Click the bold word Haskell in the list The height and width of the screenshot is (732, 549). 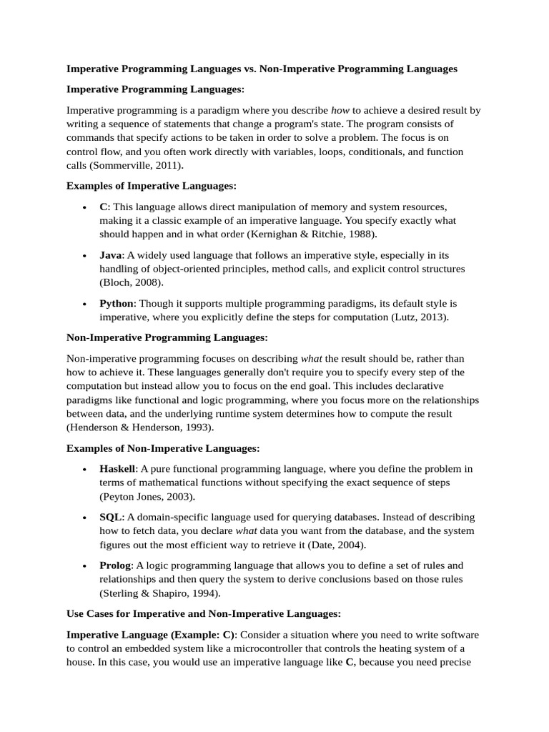click(x=117, y=469)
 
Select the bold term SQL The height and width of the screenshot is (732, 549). click(x=112, y=517)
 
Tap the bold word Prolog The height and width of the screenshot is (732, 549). click(x=117, y=565)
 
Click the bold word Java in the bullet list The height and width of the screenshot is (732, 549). click(x=112, y=255)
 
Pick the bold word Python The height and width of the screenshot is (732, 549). click(x=117, y=303)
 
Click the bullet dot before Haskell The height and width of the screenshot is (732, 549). click(x=84, y=470)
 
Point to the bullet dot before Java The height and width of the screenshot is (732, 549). click(x=84, y=256)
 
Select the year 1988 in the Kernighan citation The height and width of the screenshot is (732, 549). click(x=363, y=234)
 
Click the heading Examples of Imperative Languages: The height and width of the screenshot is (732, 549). click(x=151, y=186)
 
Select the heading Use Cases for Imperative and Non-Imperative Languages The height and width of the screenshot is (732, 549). click(x=204, y=613)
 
